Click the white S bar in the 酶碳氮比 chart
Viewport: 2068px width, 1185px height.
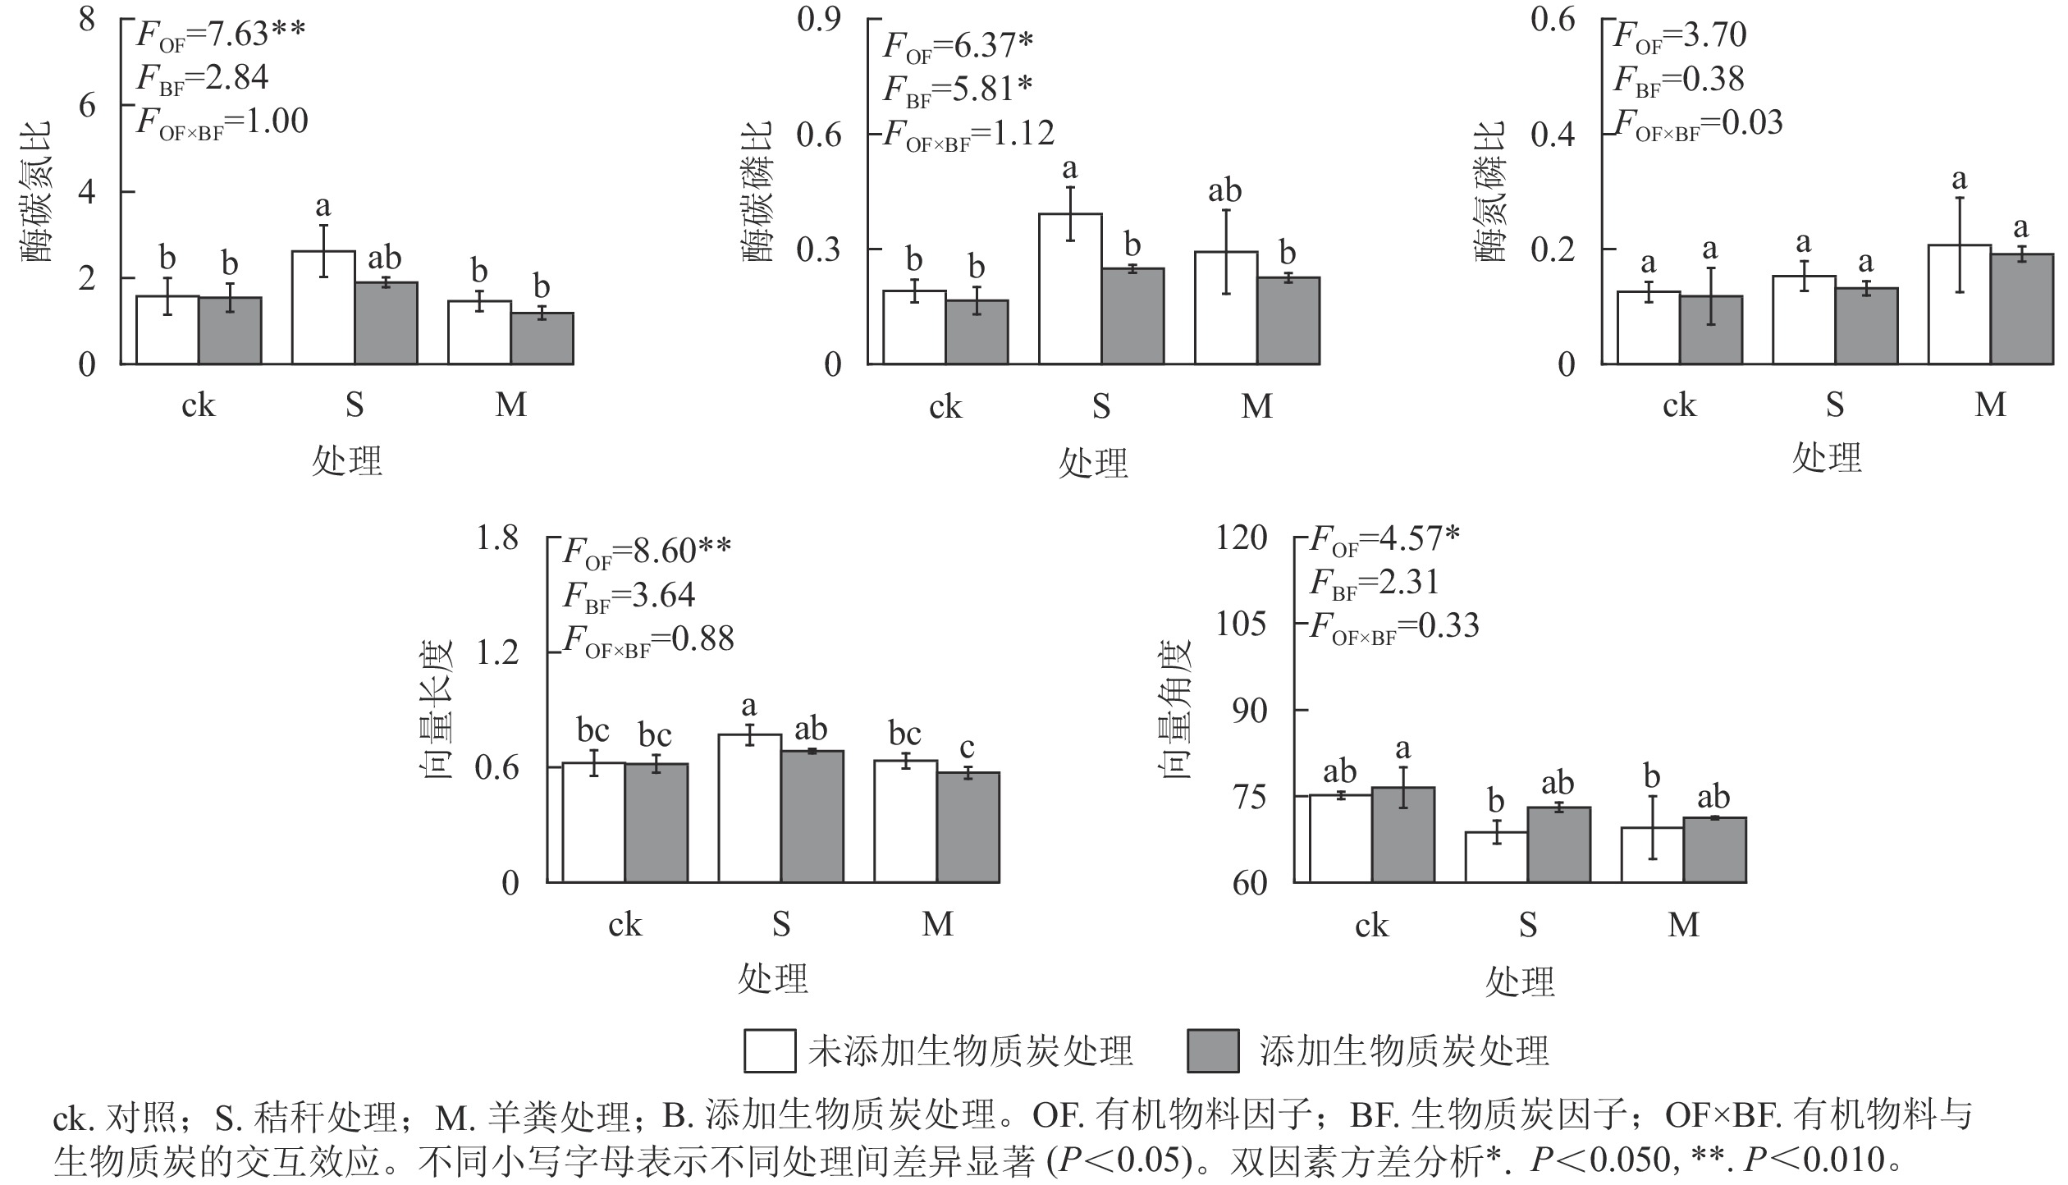click(323, 308)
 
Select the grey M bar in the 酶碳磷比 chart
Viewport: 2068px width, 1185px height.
click(1288, 321)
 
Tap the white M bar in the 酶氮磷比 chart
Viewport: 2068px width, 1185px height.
click(1960, 304)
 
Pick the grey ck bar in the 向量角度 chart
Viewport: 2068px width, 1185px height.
click(1403, 835)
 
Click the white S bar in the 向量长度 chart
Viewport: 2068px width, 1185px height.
click(749, 808)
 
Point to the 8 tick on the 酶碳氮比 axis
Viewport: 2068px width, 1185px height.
click(87, 19)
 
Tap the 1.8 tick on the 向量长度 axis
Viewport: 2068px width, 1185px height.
click(497, 538)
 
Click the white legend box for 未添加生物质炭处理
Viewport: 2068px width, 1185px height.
click(769, 1051)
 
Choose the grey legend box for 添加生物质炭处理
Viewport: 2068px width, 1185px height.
click(1213, 1051)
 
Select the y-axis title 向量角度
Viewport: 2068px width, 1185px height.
click(1176, 709)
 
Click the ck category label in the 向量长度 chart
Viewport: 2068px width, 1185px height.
click(625, 925)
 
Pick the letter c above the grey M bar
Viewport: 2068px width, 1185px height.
click(968, 748)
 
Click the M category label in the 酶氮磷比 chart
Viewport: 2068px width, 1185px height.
click(1990, 405)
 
